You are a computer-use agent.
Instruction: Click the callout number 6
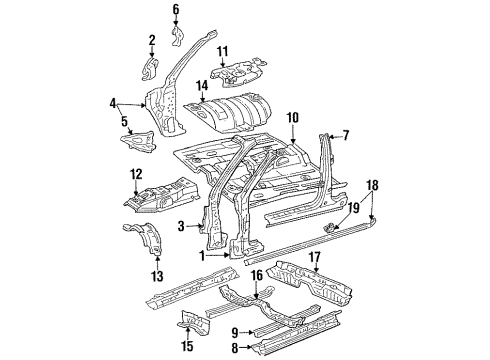pos(176,9)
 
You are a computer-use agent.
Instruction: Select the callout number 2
pos(152,40)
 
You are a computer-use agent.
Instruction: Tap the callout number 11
pos(223,52)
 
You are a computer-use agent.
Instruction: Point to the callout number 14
pos(202,85)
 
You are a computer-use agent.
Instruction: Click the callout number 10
pos(293,118)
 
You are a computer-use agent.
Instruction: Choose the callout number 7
pos(346,135)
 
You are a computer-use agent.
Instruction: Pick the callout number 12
pos(136,174)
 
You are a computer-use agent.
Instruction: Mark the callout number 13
pos(157,276)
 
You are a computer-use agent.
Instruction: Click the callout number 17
pos(315,258)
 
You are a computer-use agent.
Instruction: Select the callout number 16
pos(257,275)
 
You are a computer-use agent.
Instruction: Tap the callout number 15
pos(188,346)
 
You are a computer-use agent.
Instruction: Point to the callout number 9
pos(235,332)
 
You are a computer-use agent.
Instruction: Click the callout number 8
pos(235,349)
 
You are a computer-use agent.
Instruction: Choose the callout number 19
pos(354,208)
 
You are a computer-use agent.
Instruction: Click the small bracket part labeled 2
pos(150,69)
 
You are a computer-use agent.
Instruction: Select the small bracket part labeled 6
pos(178,36)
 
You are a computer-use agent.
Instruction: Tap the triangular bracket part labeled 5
pos(138,142)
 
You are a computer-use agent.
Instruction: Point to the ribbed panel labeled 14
pos(228,113)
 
